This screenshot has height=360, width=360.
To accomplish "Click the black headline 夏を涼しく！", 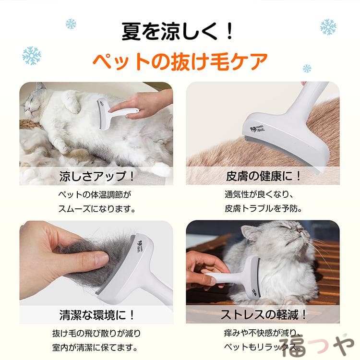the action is coord(177,31).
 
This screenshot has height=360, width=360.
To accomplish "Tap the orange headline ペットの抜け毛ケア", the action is coord(180,61).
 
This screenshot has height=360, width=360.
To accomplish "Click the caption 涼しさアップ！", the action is coord(96,176).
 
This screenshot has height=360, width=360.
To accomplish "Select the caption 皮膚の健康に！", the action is coord(263,176).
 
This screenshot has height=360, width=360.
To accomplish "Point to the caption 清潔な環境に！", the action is coord(96,315).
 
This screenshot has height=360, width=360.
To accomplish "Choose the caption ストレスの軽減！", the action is coord(263,315).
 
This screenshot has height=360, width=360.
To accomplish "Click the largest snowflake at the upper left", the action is coord(32,56).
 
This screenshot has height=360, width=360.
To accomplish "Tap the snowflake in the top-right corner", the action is coord(328,27).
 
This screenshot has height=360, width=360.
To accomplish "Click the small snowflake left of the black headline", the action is coord(71,24).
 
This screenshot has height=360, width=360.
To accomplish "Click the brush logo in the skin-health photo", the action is coord(257,129).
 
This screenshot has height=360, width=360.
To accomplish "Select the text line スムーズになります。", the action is coord(96,209).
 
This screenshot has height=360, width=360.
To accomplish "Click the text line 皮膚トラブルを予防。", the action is coord(263,208).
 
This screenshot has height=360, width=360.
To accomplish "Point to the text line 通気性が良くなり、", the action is coord(259,194).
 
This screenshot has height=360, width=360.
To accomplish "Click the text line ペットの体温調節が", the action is coord(95,195).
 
